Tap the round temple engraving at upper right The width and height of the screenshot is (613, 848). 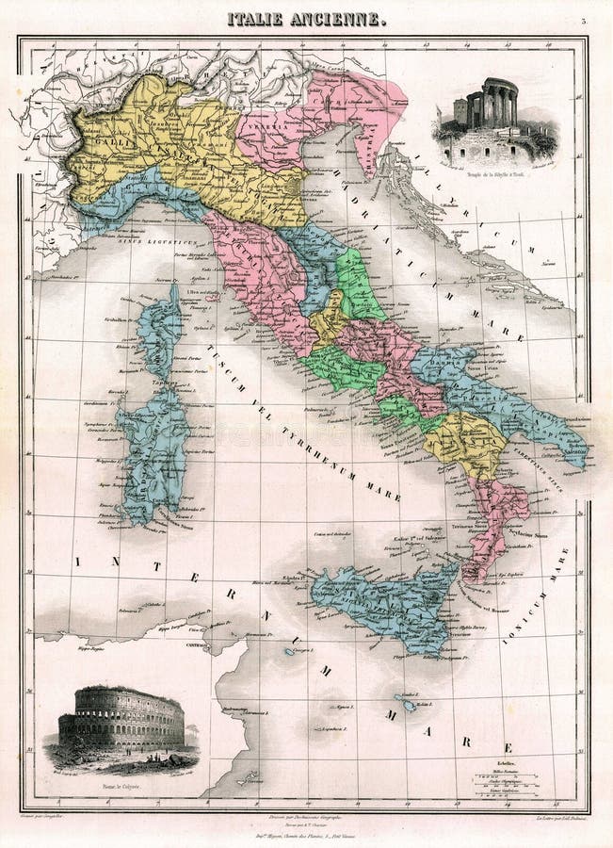[493, 118]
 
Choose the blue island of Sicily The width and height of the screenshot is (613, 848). [386, 603]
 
